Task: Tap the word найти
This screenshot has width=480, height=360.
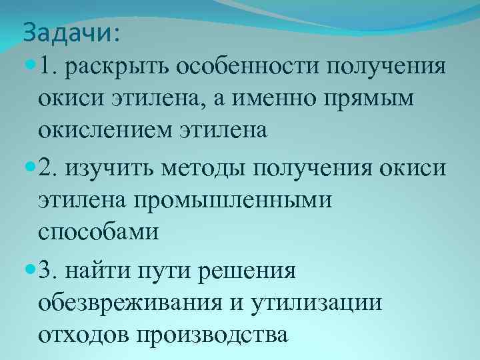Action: point(100,273)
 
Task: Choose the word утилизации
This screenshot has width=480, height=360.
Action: point(318,302)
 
